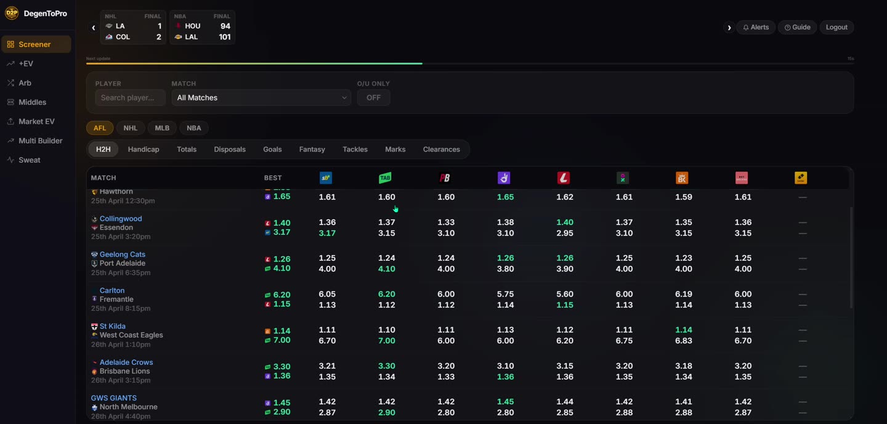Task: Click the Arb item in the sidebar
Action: coord(25,83)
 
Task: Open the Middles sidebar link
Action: coord(32,102)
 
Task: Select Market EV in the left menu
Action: coord(36,121)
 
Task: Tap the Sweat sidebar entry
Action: coord(29,160)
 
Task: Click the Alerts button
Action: coord(756,27)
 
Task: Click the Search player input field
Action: coord(130,97)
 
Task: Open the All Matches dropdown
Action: coord(261,97)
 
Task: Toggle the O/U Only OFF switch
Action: coord(373,97)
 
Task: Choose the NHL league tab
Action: coord(131,128)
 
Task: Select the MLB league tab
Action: coord(162,128)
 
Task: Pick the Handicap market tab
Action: coord(144,149)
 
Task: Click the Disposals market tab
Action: coord(230,149)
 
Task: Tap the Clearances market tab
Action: coord(441,149)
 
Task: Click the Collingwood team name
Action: coord(121,219)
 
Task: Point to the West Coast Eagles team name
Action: coord(131,335)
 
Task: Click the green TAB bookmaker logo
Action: coord(385,178)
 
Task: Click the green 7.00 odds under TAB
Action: coord(386,341)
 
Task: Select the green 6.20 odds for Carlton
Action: coord(386,294)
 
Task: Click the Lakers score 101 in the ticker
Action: coord(225,37)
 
